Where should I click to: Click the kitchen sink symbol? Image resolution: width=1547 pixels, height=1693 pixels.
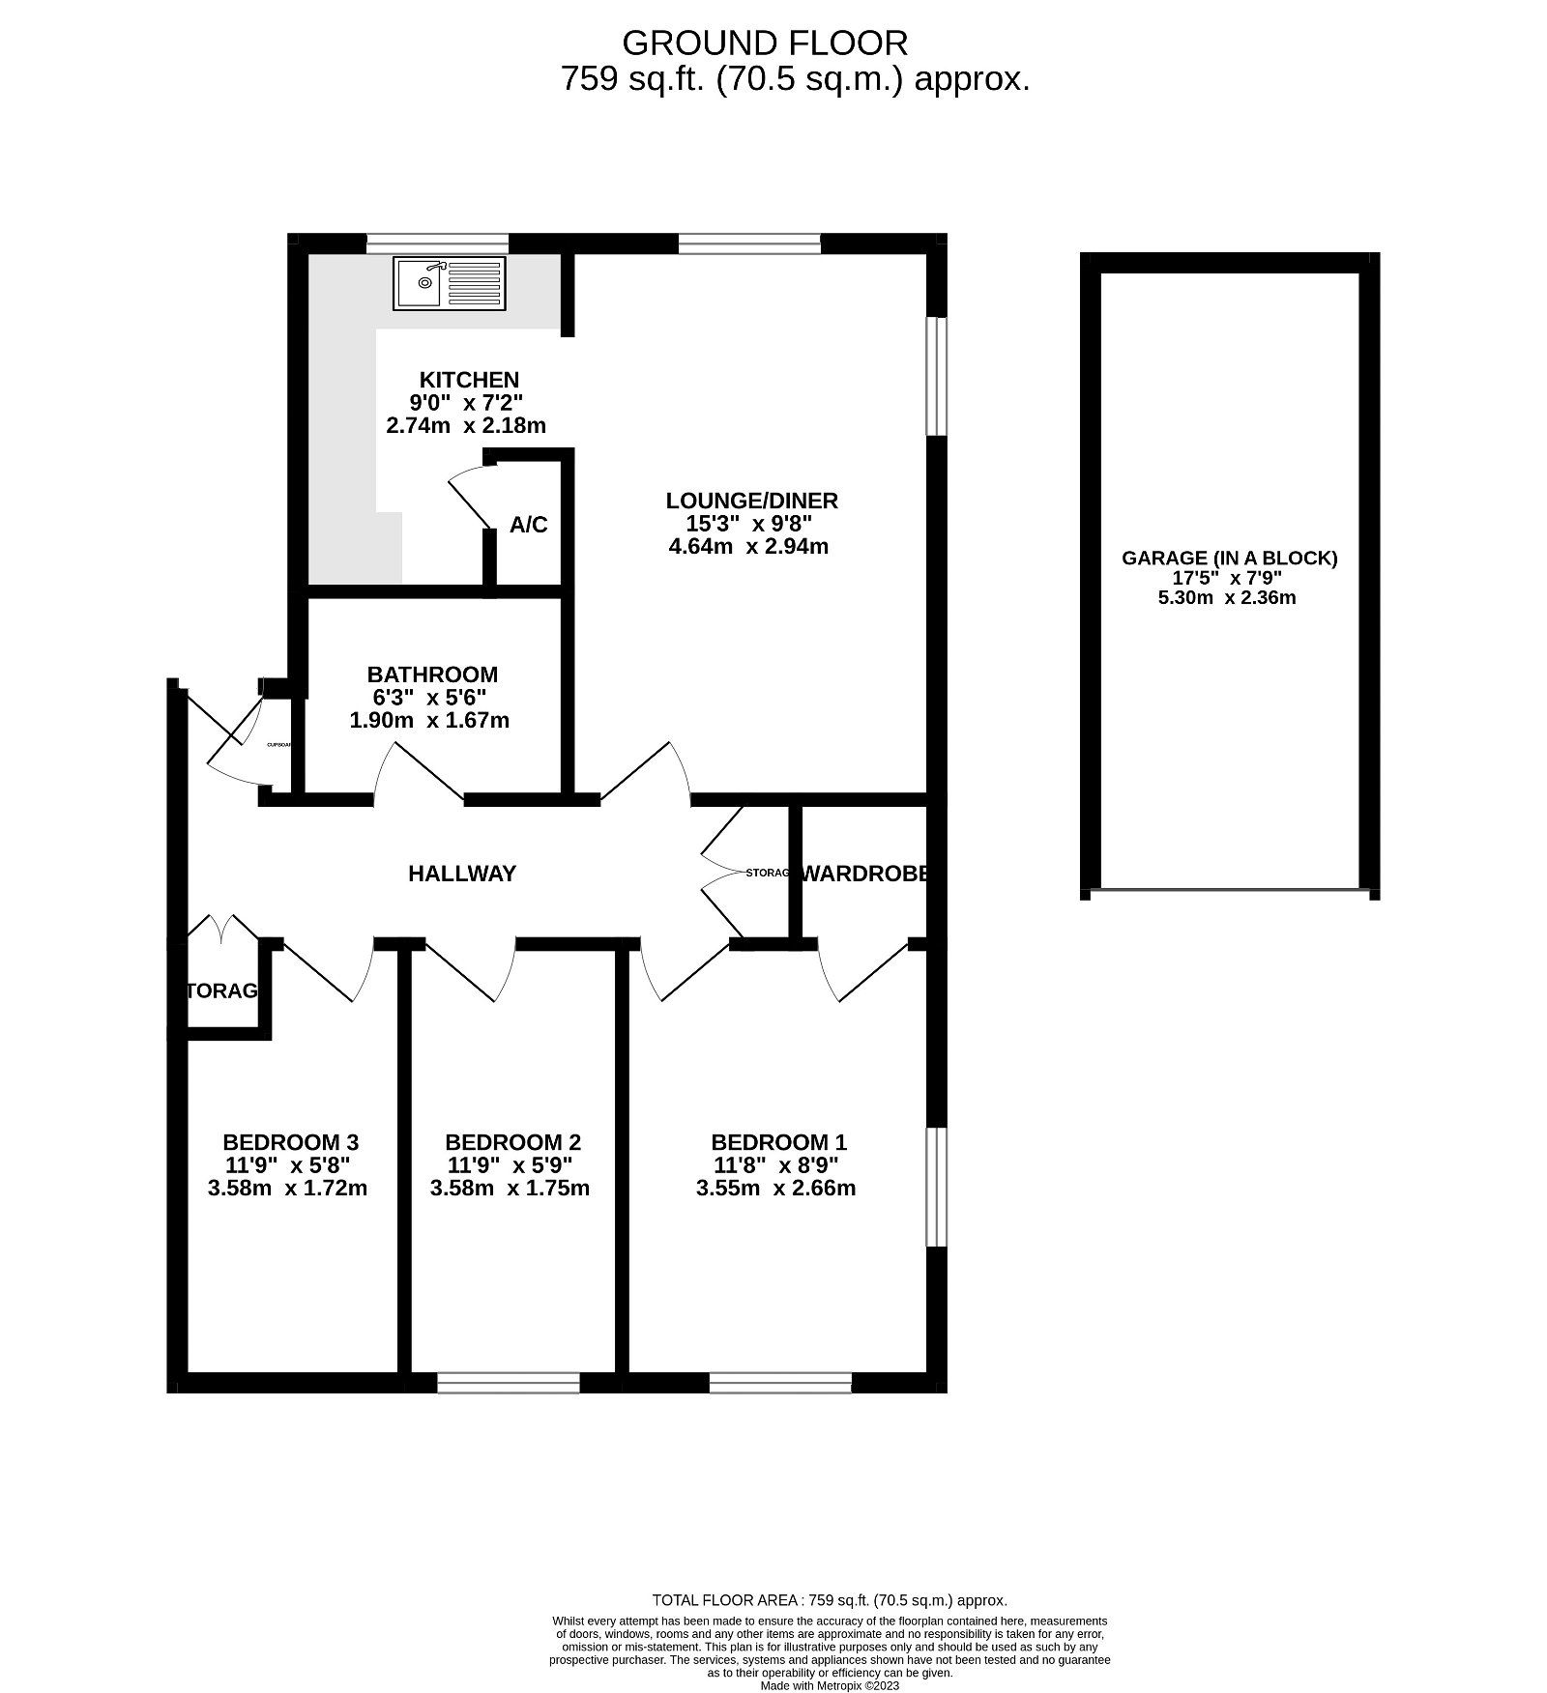pyautogui.click(x=450, y=283)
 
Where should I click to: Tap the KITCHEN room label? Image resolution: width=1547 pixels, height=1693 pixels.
pyautogui.click(x=469, y=380)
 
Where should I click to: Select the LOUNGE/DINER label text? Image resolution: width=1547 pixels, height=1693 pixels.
pyautogui.click(x=751, y=501)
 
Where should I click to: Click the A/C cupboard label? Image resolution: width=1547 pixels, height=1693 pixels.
pyautogui.click(x=529, y=525)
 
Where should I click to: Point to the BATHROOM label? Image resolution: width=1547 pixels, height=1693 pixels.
pyautogui.click(x=432, y=674)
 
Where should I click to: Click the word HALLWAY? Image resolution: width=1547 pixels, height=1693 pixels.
pyautogui.click(x=462, y=874)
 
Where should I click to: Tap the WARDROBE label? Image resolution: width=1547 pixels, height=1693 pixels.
pyautogui.click(x=865, y=874)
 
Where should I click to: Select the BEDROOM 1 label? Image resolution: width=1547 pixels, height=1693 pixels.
pyautogui.click(x=778, y=1142)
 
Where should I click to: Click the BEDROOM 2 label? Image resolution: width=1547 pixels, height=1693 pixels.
pyautogui.click(x=512, y=1142)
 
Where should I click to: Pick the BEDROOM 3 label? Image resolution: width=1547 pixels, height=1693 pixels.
pyautogui.click(x=290, y=1142)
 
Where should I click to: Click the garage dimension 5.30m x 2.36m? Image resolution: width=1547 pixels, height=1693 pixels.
pyautogui.click(x=1227, y=597)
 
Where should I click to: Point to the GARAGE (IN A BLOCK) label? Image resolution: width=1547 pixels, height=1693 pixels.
pyautogui.click(x=1229, y=558)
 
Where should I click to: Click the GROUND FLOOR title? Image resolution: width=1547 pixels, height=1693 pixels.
pyautogui.click(x=764, y=43)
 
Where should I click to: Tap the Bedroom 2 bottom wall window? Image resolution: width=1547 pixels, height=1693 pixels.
pyautogui.click(x=509, y=1383)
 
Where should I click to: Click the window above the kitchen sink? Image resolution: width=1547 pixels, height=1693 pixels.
pyautogui.click(x=437, y=243)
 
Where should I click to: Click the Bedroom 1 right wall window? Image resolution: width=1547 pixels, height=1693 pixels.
pyautogui.click(x=935, y=1187)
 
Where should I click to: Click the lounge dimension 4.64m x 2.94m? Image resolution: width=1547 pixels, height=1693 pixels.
pyautogui.click(x=748, y=547)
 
